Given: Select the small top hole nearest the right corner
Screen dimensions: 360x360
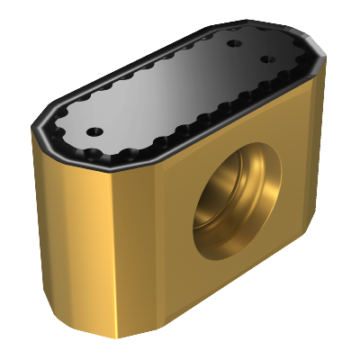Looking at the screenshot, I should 267,59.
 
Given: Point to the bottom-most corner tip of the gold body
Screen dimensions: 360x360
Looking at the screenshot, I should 118,337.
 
